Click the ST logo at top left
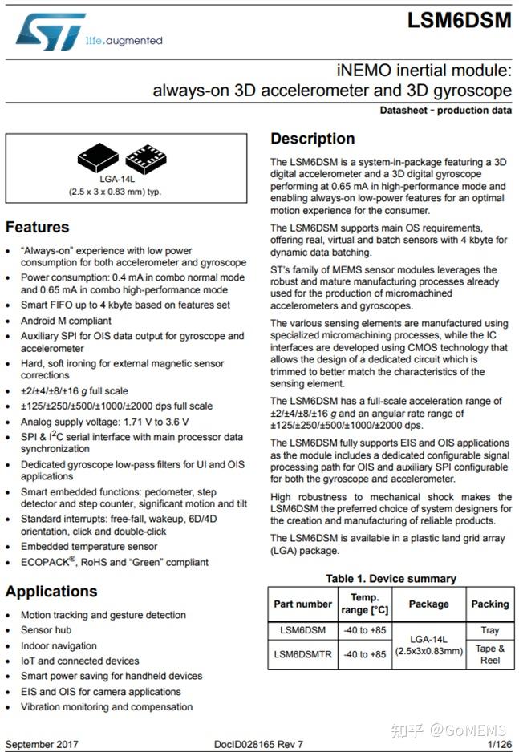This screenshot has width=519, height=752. [51, 32]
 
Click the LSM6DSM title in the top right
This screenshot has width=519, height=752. [459, 22]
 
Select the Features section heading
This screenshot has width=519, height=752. [37, 227]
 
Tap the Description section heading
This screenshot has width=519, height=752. [312, 139]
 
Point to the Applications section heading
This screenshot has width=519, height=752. [51, 592]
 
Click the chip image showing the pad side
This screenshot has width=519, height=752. [146, 159]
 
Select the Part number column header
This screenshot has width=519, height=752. [302, 604]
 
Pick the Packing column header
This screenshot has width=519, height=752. [489, 604]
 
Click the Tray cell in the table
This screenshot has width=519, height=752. [489, 631]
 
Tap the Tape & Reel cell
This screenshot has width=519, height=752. [489, 654]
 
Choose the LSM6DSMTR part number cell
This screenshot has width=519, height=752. [302, 654]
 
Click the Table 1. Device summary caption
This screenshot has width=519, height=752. [391, 578]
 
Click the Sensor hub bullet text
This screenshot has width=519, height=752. [47, 630]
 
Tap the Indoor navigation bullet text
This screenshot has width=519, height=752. [59, 645]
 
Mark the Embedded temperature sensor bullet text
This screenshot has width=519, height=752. [88, 547]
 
